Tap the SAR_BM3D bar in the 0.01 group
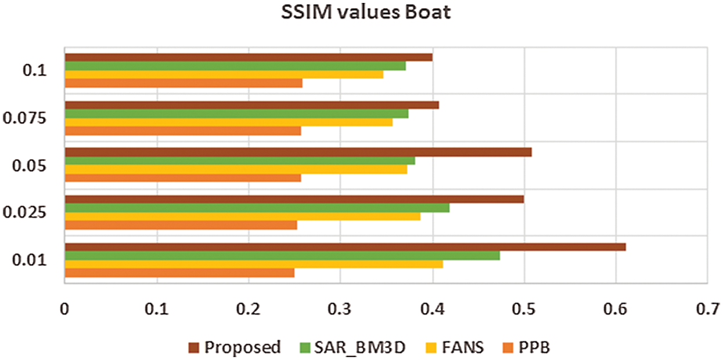tap(282, 255)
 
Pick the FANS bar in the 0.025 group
tap(242, 217)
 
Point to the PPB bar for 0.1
tap(183, 83)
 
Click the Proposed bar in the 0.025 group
tap(294, 199)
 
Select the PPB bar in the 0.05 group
tap(182, 178)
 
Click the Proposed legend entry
tap(235, 347)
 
